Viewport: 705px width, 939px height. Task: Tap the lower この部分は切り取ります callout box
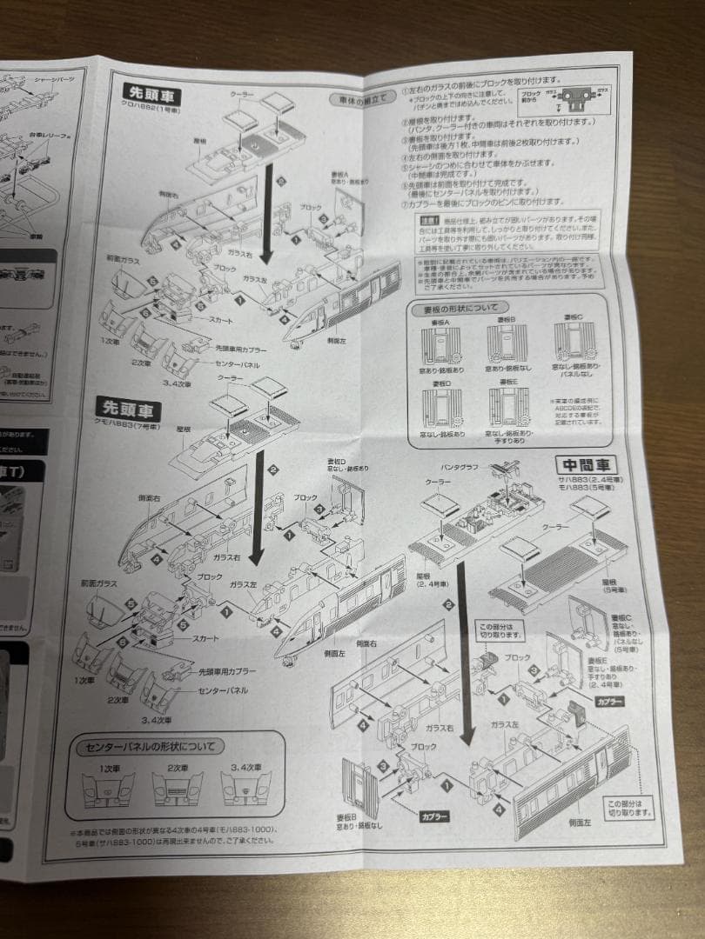(629, 808)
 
